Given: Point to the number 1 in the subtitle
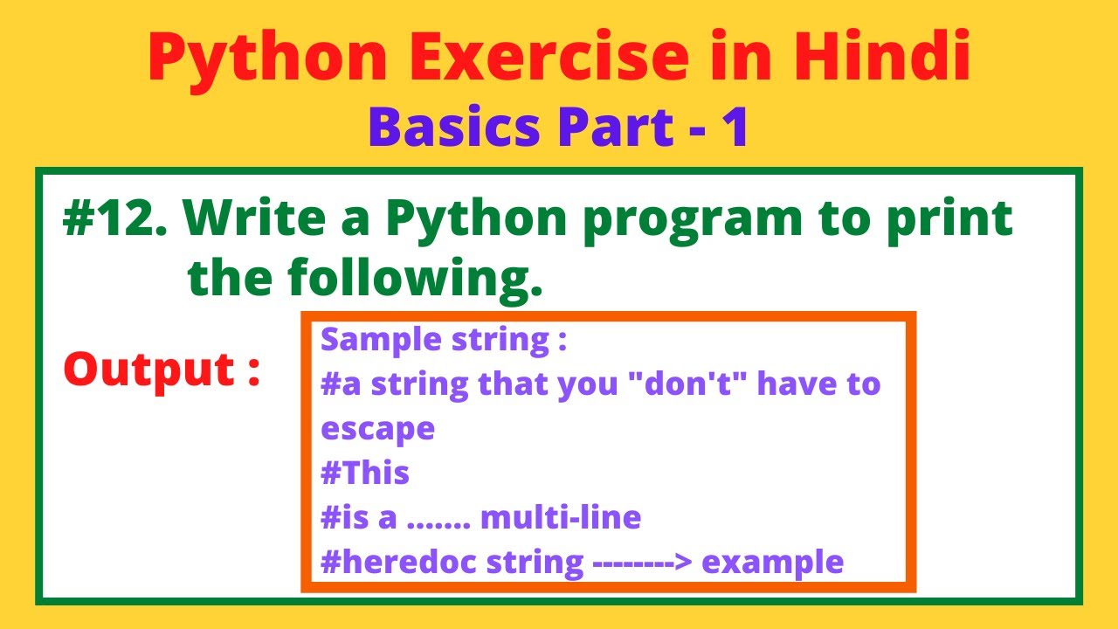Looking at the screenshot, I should (x=735, y=127).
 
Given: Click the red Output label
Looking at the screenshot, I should (x=162, y=370).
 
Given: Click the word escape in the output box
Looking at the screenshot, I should (x=377, y=430).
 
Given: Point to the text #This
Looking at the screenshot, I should (x=365, y=473).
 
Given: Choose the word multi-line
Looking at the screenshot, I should (x=561, y=518).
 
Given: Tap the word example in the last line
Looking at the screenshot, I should (x=773, y=563).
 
